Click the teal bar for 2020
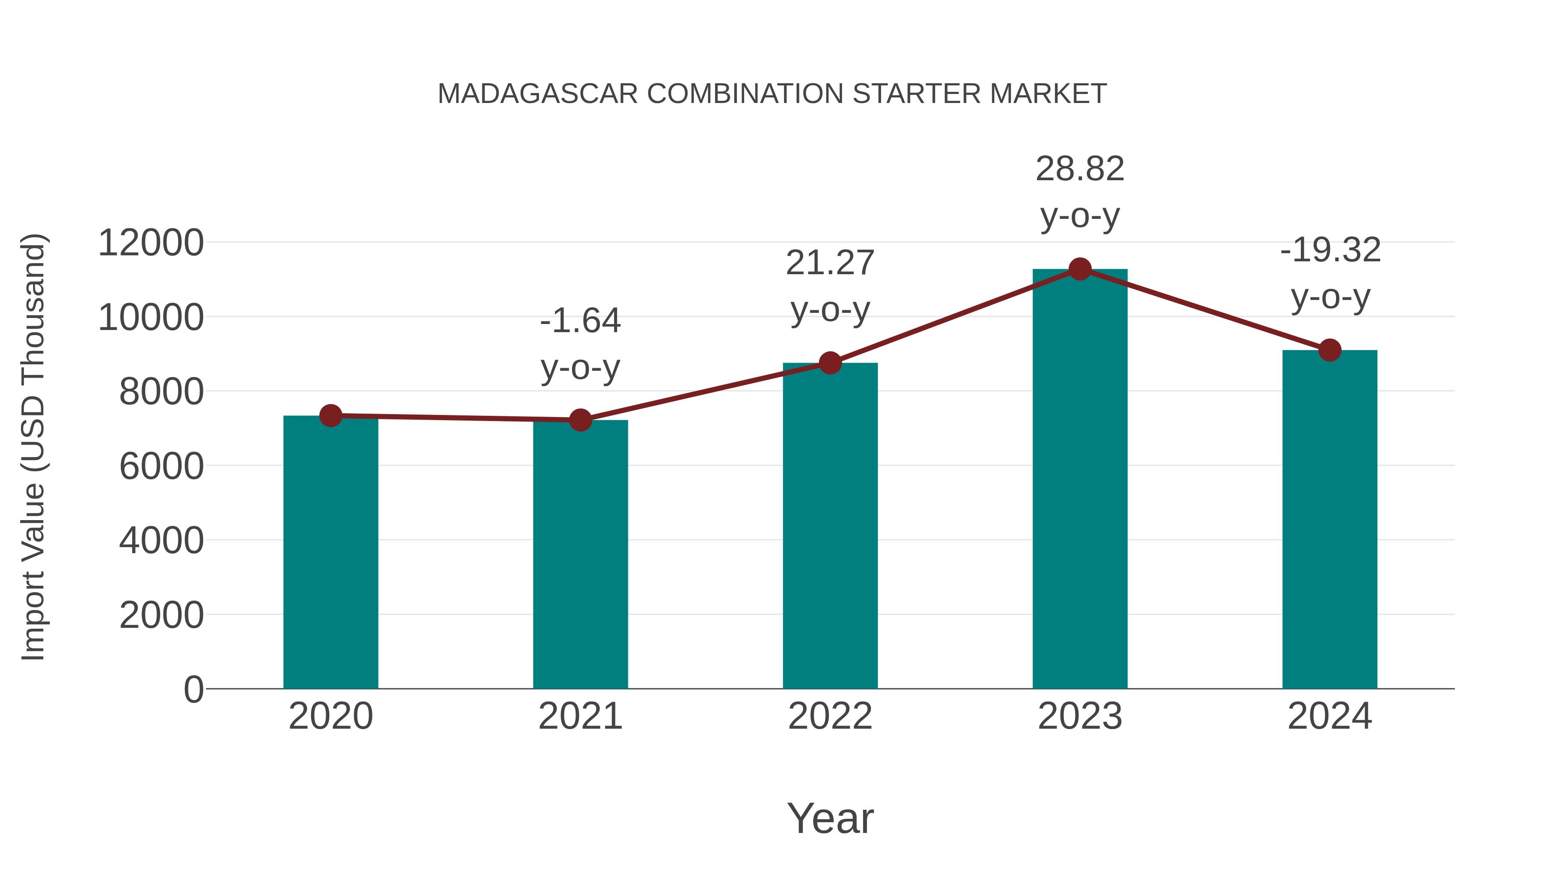330,552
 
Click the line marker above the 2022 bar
830,363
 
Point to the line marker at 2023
1080,269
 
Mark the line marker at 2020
330,415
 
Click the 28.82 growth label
1080,169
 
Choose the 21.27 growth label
830,263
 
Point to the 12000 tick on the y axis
151,243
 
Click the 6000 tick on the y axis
161,466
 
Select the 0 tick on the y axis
193,690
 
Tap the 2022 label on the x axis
830,716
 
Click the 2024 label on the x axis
1330,716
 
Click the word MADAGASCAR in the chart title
537,94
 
